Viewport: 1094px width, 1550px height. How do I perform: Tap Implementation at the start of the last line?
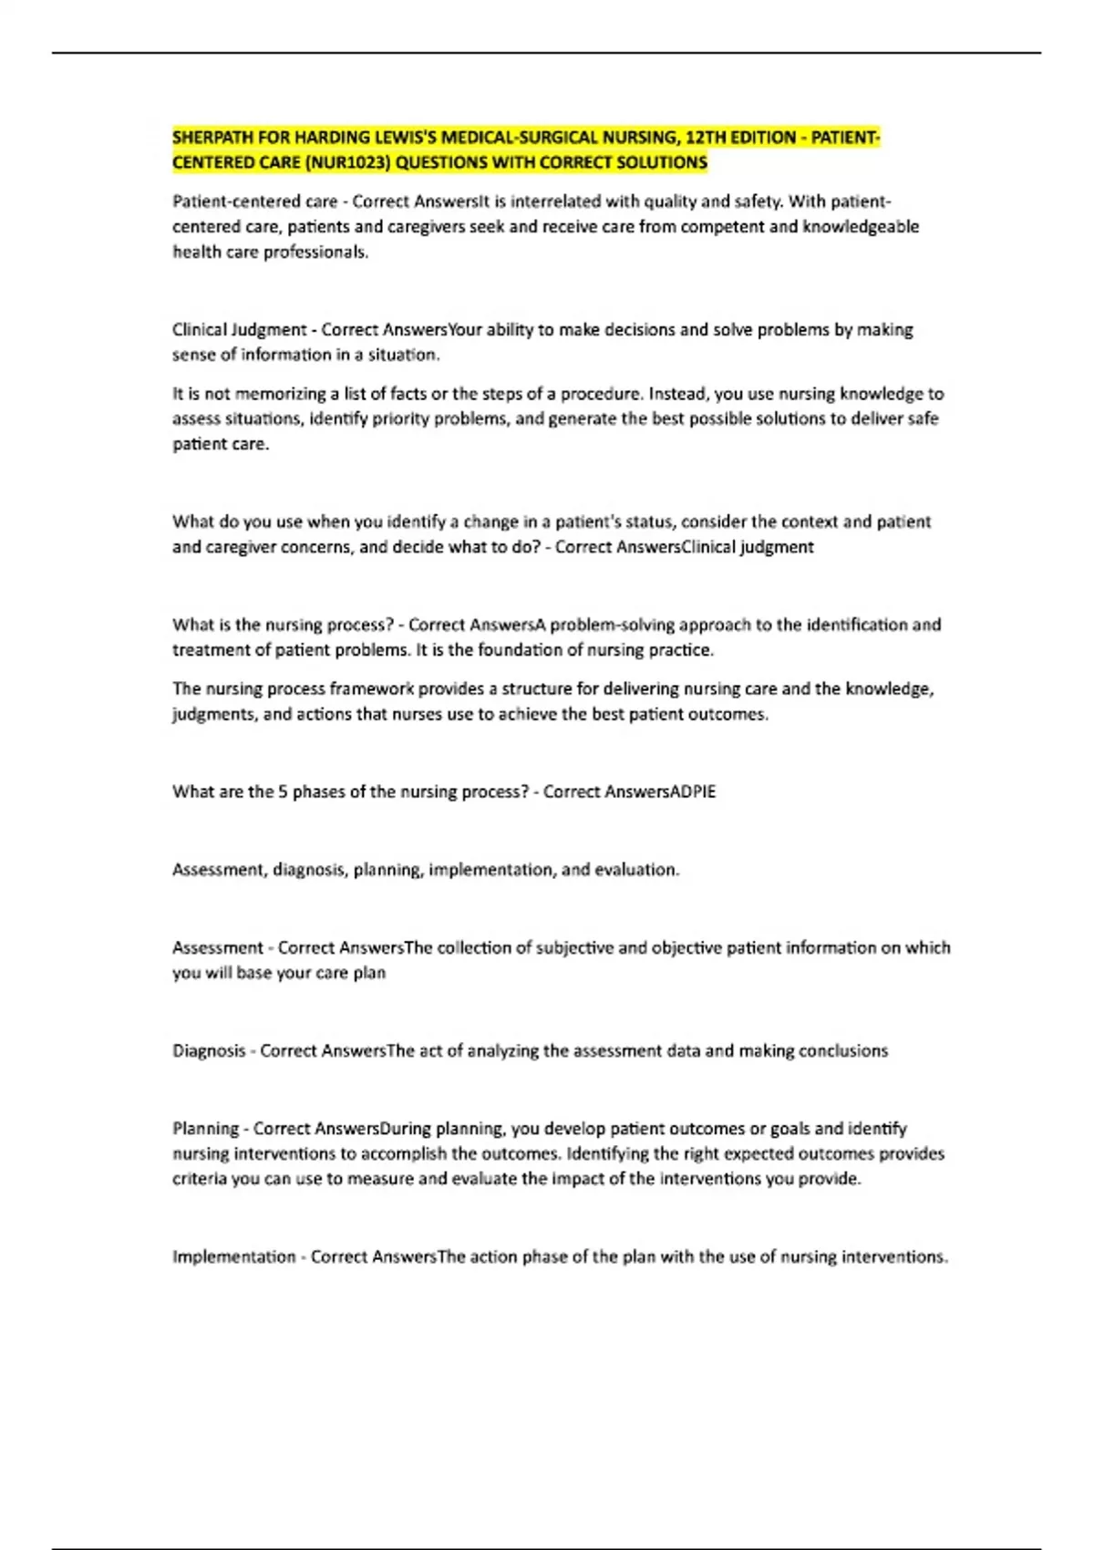(233, 1257)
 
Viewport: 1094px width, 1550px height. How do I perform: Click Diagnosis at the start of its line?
(209, 1051)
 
